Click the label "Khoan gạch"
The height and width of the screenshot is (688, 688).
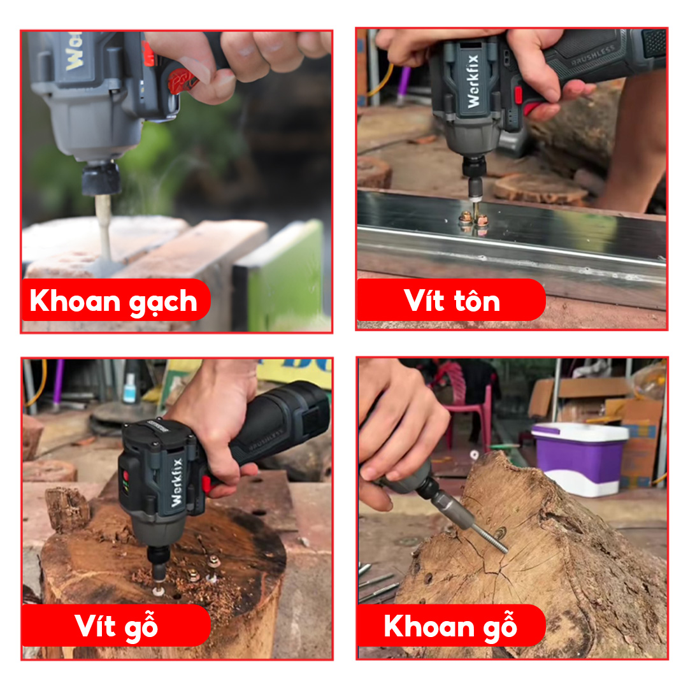[x=113, y=301]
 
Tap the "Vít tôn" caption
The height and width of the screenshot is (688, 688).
[x=452, y=301]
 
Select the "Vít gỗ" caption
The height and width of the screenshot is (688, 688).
[x=117, y=625]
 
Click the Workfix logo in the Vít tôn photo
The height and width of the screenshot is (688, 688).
[x=473, y=81]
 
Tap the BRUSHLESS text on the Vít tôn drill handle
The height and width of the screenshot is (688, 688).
[x=592, y=55]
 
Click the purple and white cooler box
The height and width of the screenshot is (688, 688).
[x=579, y=459]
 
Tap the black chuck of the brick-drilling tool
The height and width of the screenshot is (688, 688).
[x=101, y=178]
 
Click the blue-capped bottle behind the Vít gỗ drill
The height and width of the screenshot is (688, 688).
[x=130, y=389]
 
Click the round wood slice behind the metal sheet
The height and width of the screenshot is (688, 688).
[x=540, y=188]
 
